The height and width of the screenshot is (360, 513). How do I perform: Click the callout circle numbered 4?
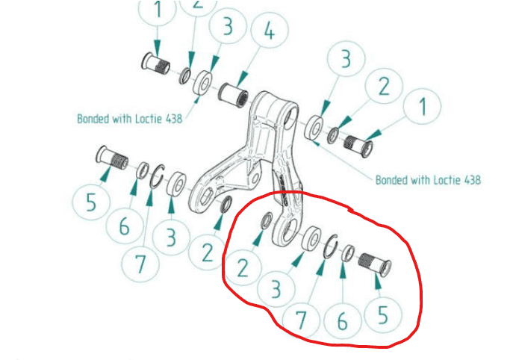pyautogui.click(x=270, y=30)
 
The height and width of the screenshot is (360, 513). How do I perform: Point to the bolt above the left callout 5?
pyautogui.click(x=112, y=158)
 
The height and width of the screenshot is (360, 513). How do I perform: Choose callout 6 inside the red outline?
pyautogui.click(x=342, y=321)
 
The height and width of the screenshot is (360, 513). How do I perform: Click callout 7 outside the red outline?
pyautogui.click(x=140, y=263)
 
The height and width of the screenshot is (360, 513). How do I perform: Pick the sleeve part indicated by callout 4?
pyautogui.click(x=233, y=96)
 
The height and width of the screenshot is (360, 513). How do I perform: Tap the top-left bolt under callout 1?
pyautogui.click(x=156, y=63)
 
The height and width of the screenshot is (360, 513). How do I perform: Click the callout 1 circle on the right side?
pyautogui.click(x=423, y=107)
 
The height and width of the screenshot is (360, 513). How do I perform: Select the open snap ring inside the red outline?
pyautogui.click(x=331, y=246)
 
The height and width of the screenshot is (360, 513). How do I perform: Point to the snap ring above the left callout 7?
pyautogui.click(x=157, y=176)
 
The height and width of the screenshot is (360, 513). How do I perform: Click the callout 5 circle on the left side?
pyautogui.click(x=90, y=201)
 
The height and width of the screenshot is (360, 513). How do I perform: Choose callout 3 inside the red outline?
pyautogui.click(x=276, y=288)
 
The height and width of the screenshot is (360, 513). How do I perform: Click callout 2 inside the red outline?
pyautogui.click(x=243, y=267)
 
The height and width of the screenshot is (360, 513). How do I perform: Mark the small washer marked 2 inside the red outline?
pyautogui.click(x=267, y=220)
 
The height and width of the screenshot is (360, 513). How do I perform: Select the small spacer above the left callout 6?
pyautogui.click(x=143, y=170)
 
